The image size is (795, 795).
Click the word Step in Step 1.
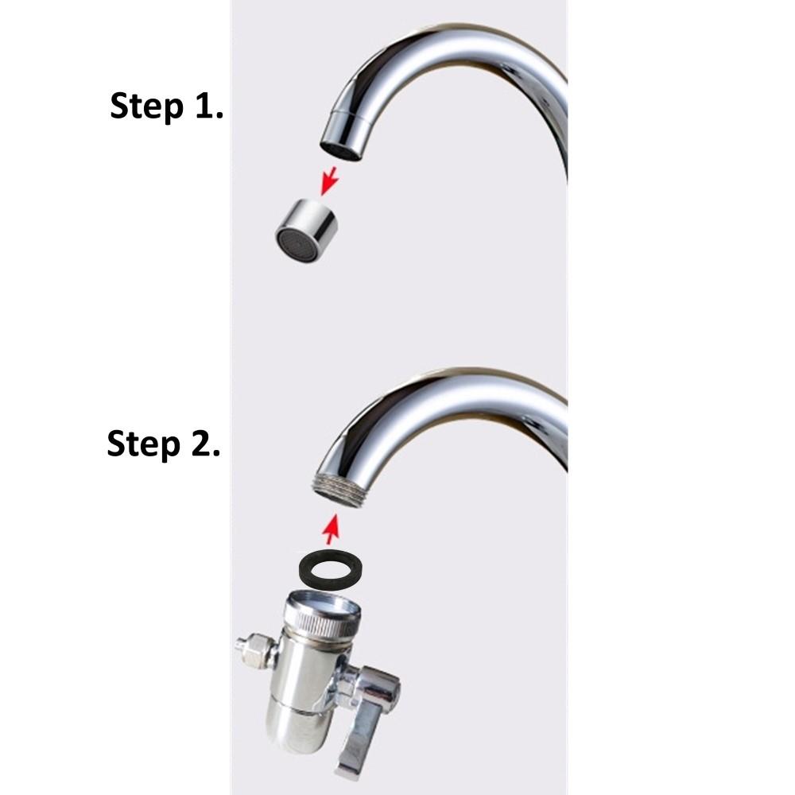(x=146, y=107)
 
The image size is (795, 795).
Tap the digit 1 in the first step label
(x=204, y=105)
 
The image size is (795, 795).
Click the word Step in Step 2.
(x=143, y=444)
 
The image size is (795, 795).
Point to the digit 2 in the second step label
(x=201, y=443)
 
